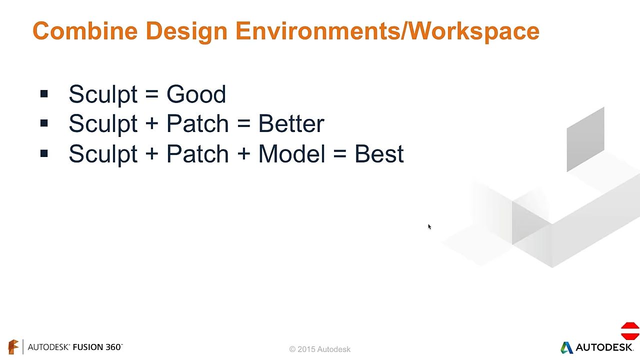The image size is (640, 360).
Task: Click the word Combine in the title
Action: pos(85,31)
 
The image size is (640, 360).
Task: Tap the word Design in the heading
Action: pos(186,31)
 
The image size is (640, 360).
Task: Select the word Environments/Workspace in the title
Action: pos(387,31)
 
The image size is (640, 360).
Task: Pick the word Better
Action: pos(291,123)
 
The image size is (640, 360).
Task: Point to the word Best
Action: pos(379,153)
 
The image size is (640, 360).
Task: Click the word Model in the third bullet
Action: pos(291,153)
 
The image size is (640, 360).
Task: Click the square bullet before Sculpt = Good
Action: pos(44,93)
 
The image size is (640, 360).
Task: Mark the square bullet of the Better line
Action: pos(44,123)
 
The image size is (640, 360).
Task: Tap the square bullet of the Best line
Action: pos(44,153)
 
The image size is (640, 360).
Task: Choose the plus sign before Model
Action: pos(243,153)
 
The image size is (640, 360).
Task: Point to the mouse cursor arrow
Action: pos(429,227)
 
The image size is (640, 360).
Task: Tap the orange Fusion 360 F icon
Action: pos(13,347)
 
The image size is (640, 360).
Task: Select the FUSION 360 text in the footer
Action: pos(97,347)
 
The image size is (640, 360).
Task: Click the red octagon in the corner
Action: pos(630,331)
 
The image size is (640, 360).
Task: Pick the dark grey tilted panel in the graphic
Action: pos(585,139)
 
